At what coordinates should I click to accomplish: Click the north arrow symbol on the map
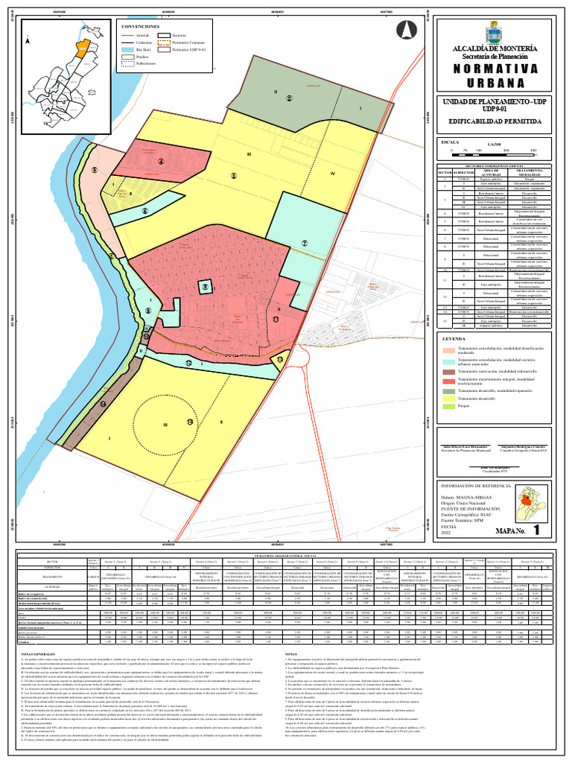[407, 31]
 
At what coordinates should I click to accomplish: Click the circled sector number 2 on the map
[289, 101]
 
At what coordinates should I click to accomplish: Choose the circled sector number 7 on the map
[304, 244]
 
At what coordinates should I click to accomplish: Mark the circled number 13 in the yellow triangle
[279, 360]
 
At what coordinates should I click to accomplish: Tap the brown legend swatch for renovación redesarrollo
[447, 371]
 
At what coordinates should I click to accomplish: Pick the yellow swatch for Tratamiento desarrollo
[447, 399]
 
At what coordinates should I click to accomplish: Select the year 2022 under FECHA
[447, 534]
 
